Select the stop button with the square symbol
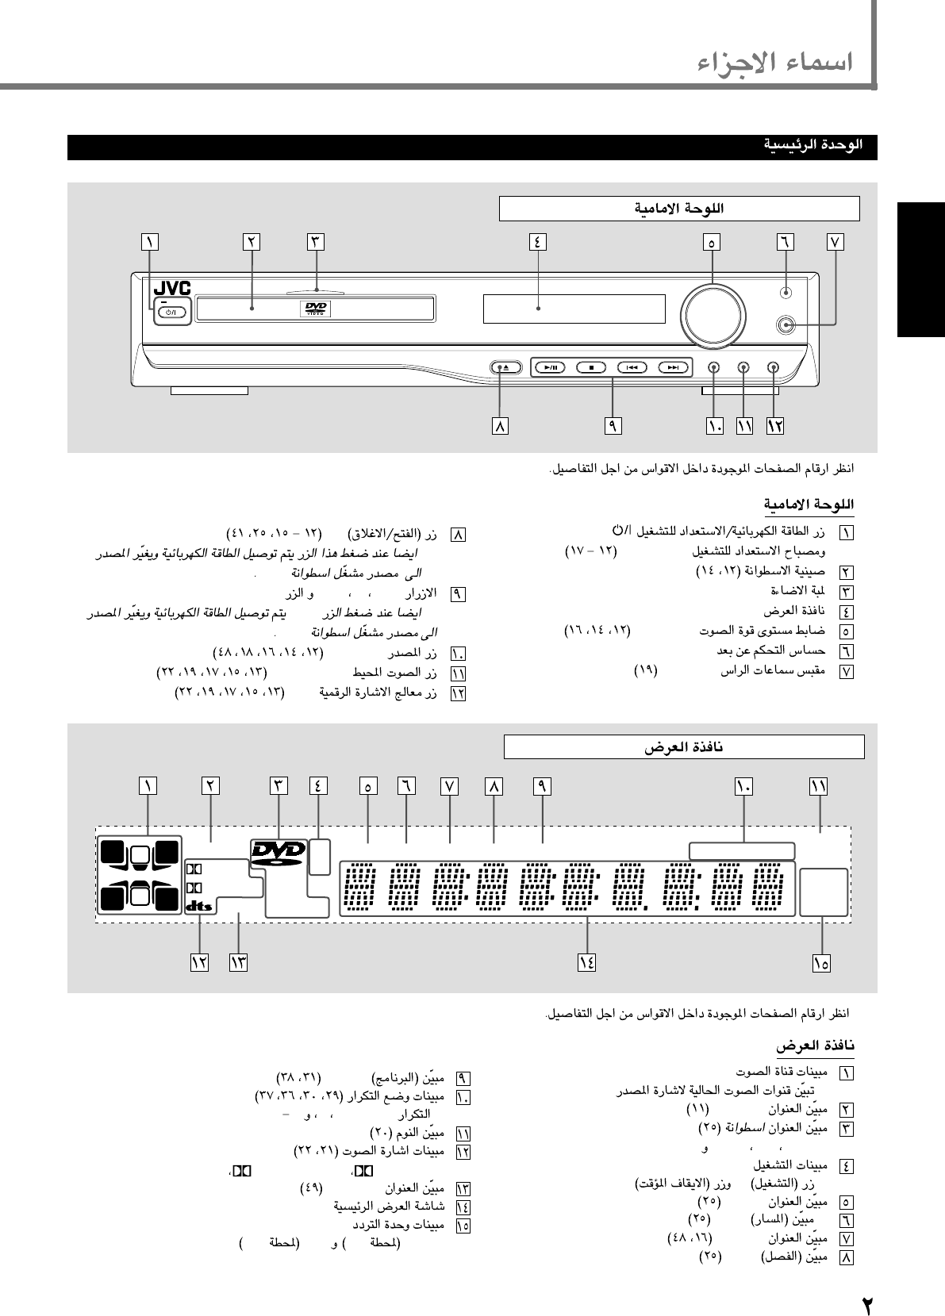[590, 367]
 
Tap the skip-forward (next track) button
[673, 367]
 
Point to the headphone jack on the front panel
[786, 324]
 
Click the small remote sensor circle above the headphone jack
[786, 292]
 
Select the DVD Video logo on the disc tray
[314, 309]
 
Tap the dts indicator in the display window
[199, 906]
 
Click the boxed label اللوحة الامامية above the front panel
[678, 209]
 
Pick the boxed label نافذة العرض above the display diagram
[683, 747]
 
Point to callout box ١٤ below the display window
[586, 962]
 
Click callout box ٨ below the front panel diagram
[500, 426]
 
